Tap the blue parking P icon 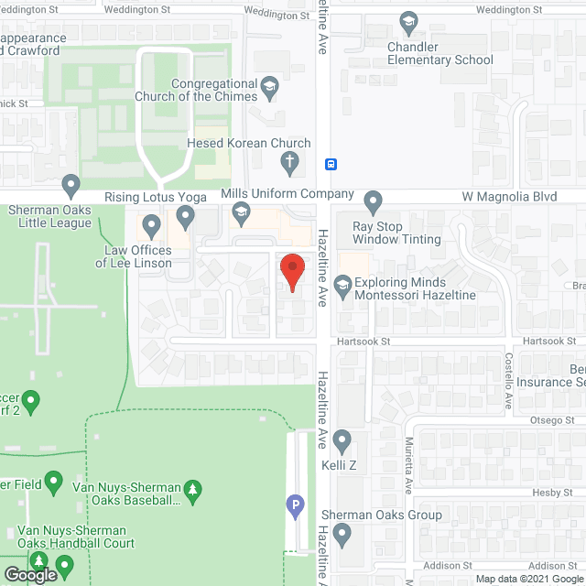[x=295, y=504]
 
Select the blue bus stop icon [x=331, y=165]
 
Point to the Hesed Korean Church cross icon [x=289, y=164]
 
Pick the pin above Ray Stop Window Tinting [x=373, y=201]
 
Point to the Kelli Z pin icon [x=343, y=442]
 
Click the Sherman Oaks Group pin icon [x=343, y=534]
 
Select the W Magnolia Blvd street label [x=509, y=196]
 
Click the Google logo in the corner [x=29, y=575]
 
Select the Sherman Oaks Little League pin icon [x=71, y=187]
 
